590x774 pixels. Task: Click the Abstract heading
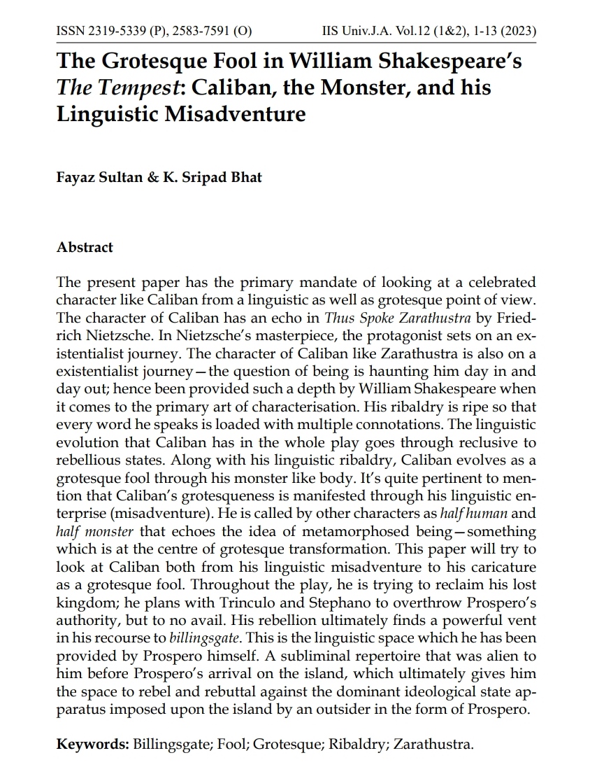coord(85,248)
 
